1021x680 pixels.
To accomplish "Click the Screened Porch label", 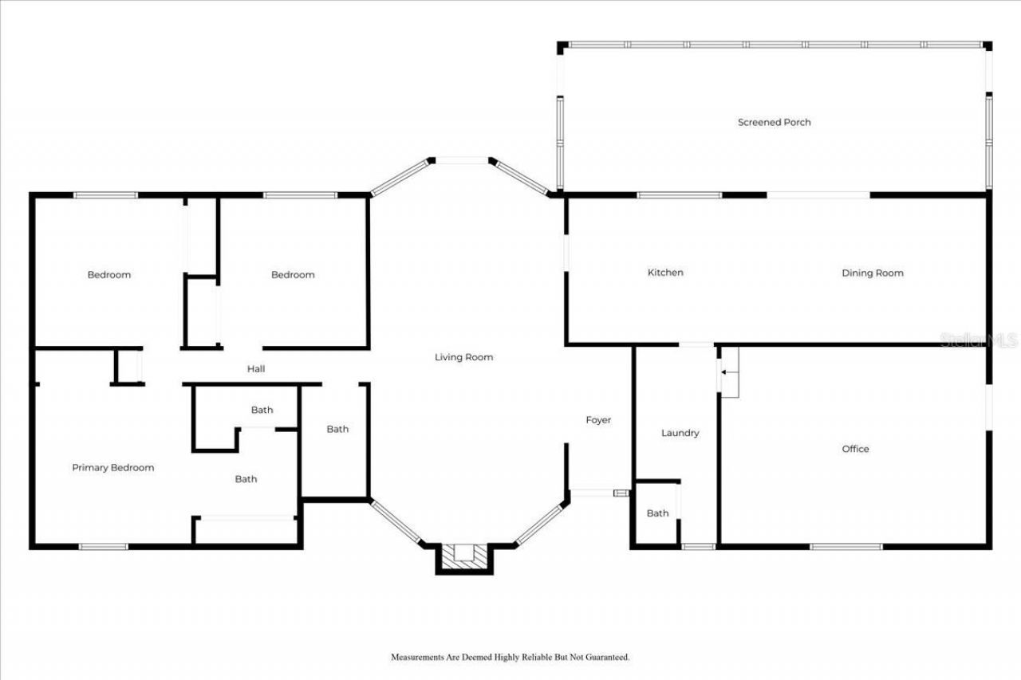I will coord(774,122).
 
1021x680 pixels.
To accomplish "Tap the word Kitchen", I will coord(664,273).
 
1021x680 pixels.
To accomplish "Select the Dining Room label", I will coord(872,273).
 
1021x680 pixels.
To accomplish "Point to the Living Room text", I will coord(463,357).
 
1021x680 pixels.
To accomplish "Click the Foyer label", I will coord(598,420).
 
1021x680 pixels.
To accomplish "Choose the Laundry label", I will coord(680,433).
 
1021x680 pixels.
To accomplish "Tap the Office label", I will coord(855,449).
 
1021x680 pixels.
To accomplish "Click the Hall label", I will coord(256,369).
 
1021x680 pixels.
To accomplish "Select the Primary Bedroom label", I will coord(112,468).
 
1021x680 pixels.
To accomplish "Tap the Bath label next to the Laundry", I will coord(657,513).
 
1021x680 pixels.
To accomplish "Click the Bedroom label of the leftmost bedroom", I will coord(108,275).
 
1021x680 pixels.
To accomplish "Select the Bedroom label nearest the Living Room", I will coord(293,275).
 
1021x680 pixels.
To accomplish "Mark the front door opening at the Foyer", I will coord(593,493).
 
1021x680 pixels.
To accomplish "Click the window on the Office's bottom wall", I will coord(846,547).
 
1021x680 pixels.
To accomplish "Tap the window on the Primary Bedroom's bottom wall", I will coord(103,547).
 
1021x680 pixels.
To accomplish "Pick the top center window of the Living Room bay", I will coord(461,161).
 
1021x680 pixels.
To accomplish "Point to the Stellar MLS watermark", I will coord(979,340).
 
